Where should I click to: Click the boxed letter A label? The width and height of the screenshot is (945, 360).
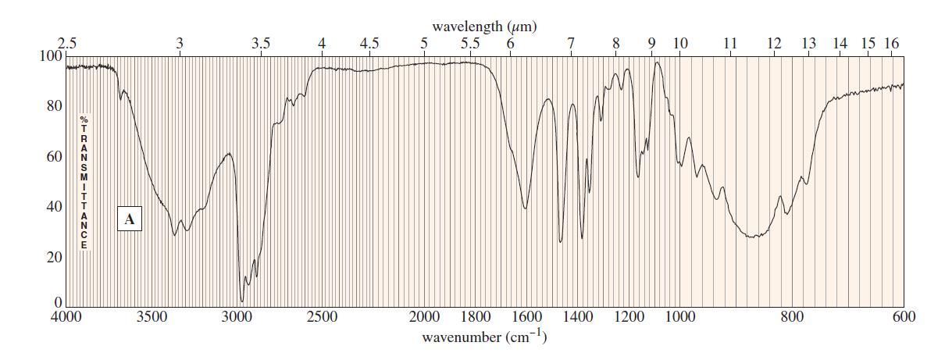click(130, 219)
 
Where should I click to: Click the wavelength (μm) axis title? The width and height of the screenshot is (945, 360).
click(484, 27)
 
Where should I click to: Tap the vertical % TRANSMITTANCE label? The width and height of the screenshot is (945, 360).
click(84, 183)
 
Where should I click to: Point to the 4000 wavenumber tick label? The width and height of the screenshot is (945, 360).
click(66, 317)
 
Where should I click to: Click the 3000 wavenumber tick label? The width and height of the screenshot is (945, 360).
click(237, 317)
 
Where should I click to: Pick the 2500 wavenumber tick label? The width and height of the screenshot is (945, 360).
click(322, 317)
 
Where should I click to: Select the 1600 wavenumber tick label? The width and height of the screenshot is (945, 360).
click(527, 317)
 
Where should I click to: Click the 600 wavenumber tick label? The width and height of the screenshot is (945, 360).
click(904, 317)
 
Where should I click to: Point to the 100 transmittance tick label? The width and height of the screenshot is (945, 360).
click(49, 56)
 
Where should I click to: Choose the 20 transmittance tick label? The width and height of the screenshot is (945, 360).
click(53, 258)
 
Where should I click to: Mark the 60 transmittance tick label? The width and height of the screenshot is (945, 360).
click(53, 157)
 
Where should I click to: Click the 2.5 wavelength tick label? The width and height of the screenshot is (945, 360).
click(68, 44)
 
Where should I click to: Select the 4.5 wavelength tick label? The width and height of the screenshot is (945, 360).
click(369, 44)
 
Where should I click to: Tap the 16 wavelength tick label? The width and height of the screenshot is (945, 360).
click(891, 44)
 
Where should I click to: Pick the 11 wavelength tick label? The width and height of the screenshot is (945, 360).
click(730, 44)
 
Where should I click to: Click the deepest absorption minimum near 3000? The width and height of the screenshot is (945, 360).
click(242, 301)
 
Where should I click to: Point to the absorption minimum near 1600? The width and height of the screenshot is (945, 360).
click(526, 209)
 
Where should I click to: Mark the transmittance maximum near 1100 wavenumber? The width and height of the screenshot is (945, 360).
click(658, 62)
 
